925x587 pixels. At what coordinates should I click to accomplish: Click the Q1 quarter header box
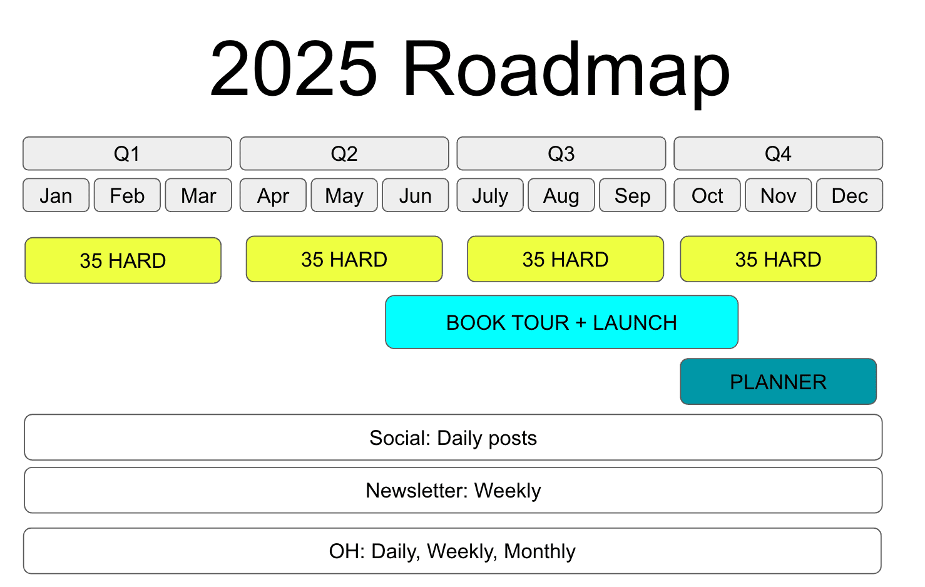127,153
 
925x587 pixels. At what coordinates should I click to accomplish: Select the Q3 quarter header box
561,153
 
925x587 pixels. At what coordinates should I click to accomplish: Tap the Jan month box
56,195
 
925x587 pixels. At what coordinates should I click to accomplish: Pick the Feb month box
127,195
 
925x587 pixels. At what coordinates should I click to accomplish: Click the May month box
344,195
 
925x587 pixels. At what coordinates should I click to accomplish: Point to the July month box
490,195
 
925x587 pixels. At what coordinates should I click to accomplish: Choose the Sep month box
633,195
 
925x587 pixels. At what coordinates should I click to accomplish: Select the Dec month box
850,195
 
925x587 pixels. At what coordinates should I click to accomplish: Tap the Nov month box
779,195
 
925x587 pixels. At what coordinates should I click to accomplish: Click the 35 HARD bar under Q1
123,260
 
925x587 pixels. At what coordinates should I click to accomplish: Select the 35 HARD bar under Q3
565,259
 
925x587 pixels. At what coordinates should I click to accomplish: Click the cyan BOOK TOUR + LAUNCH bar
561,322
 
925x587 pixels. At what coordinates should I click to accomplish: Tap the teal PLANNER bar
779,382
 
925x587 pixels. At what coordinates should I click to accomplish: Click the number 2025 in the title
294,68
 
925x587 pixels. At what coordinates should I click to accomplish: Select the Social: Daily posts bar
453,437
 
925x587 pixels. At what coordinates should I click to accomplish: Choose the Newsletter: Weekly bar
453,491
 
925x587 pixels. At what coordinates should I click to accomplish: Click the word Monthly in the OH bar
539,552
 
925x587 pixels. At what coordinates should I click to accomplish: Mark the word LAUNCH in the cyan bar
635,323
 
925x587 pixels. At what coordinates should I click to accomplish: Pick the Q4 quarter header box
779,153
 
